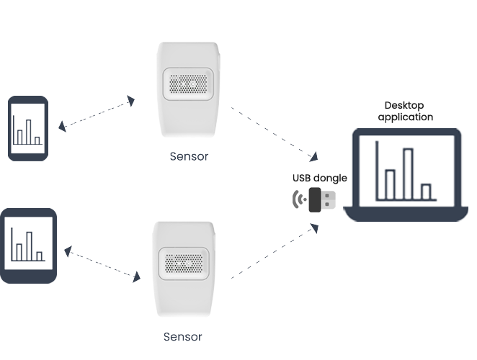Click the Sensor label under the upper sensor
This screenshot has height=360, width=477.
pos(189,156)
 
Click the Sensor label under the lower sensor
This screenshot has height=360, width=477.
pos(183,336)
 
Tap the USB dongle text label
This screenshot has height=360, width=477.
pos(319,178)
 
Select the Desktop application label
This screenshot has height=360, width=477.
pos(405,111)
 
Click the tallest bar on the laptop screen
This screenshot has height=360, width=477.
pos(409,173)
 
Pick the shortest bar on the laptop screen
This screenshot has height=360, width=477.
pos(426,192)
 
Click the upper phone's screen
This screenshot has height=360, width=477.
pos(29,127)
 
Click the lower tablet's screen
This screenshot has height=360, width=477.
pos(28,245)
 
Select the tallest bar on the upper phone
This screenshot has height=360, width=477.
pos(28,131)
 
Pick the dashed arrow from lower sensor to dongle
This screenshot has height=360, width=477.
pos(274,251)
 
